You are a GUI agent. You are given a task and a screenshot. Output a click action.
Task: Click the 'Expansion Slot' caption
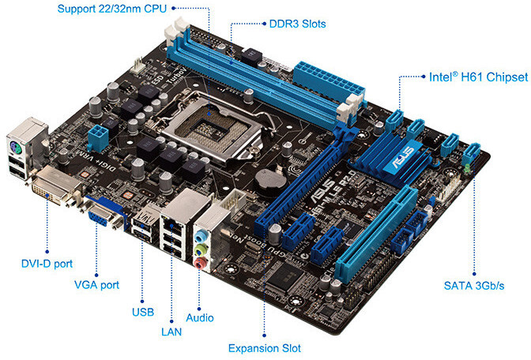[x=264, y=347]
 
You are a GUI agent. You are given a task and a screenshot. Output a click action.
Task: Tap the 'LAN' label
[x=171, y=332]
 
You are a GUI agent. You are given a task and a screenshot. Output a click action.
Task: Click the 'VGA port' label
[x=96, y=284]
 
